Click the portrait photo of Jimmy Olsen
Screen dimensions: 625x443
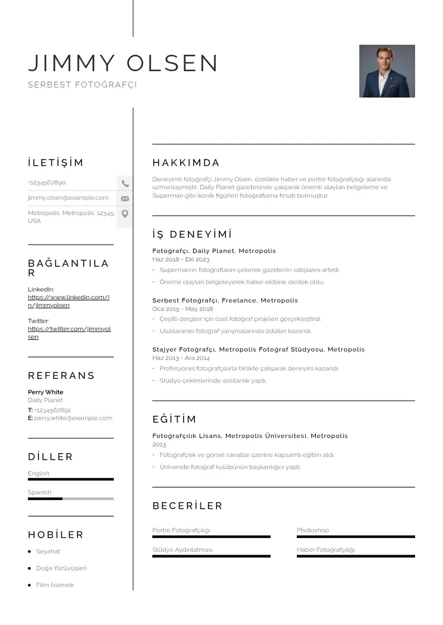click(x=387, y=71)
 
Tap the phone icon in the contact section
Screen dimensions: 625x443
click(x=125, y=183)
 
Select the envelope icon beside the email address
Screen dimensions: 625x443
click(x=125, y=198)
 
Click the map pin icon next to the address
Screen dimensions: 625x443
click(x=125, y=214)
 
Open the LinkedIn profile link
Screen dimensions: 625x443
click(x=68, y=301)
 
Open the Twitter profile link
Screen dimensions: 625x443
click(x=69, y=333)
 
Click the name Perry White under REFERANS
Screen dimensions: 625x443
click(x=46, y=392)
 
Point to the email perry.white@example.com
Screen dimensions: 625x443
click(x=73, y=418)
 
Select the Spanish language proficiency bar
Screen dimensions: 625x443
click(x=71, y=498)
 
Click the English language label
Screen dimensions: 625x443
click(x=38, y=473)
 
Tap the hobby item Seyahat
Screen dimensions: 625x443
click(x=48, y=551)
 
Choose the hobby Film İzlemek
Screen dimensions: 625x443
click(x=55, y=585)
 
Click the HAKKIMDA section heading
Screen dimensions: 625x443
click(x=186, y=163)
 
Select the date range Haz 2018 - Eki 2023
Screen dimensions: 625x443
click(x=181, y=259)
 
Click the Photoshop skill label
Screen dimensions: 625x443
click(x=312, y=530)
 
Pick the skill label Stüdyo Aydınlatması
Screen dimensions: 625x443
click(x=182, y=550)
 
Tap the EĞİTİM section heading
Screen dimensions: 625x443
click(x=174, y=419)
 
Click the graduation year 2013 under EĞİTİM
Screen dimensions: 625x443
click(x=159, y=445)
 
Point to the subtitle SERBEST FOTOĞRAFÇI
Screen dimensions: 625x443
click(x=82, y=85)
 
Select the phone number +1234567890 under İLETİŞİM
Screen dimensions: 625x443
click(x=47, y=182)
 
